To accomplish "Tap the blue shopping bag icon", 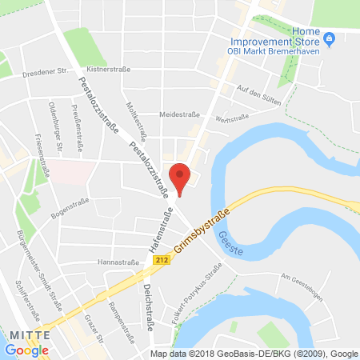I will coord(329,39).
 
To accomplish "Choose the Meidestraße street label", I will coord(178,114).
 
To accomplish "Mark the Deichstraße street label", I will coord(148,304).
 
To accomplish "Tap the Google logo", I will coord(26,350).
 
